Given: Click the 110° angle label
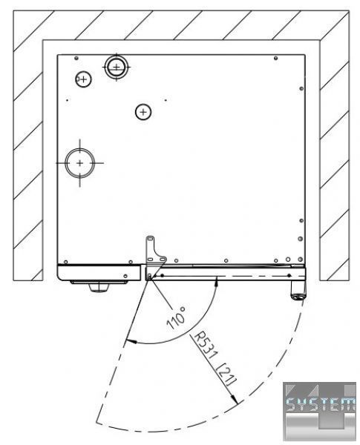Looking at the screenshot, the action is pyautogui.click(x=176, y=318).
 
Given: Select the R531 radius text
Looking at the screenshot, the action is pyautogui.click(x=206, y=346).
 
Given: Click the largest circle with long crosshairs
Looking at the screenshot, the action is pyautogui.click(x=80, y=163).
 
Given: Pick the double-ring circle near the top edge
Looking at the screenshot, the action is pyautogui.click(x=117, y=67).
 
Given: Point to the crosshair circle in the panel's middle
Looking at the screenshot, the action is pyautogui.click(x=143, y=112).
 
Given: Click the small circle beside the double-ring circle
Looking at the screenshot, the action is pyautogui.click(x=83, y=79).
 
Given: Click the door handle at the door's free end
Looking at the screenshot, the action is pyautogui.click(x=298, y=289).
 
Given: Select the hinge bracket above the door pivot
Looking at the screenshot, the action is pyautogui.click(x=154, y=251).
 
